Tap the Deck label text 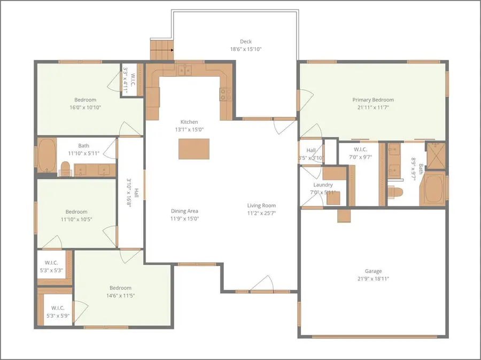pos(245,42)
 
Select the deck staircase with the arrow pos(162,50)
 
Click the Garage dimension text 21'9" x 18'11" pos(373,279)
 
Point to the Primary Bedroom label pos(373,100)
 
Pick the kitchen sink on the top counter pos(185,70)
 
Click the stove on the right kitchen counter pos(226,95)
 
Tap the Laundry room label pos(323,185)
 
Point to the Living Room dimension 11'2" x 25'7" pos(261,213)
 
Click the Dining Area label pos(184,211)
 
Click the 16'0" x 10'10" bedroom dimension pos(85,107)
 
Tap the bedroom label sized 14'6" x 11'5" pos(120,288)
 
